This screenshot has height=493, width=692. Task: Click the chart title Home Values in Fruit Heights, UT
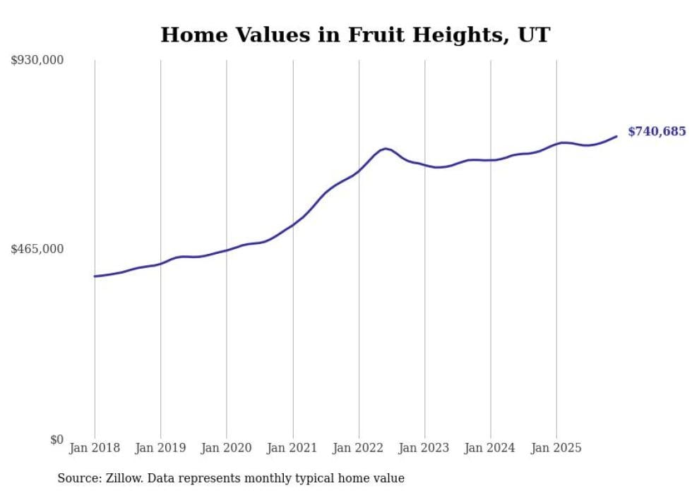(354, 35)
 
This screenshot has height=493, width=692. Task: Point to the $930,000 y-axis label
(37, 61)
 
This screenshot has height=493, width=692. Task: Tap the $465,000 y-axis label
(37, 249)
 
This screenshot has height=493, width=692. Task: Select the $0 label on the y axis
(57, 440)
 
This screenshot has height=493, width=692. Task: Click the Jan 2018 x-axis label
(95, 449)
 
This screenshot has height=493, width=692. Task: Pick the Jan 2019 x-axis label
(160, 449)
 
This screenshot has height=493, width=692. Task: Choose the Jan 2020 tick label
(227, 449)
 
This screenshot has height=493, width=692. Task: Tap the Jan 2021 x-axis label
(292, 449)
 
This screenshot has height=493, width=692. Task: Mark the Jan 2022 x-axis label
(359, 449)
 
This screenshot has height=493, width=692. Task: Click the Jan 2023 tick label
(424, 449)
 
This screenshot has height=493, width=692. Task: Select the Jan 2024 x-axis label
(491, 449)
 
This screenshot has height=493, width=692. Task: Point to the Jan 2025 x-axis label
(556, 449)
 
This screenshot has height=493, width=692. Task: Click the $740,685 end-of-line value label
(656, 132)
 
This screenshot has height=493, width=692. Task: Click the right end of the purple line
(616, 136)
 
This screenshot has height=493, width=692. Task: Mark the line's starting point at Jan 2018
(95, 276)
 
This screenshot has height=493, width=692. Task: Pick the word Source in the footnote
(75, 479)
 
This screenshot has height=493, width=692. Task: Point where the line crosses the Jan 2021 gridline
(292, 224)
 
